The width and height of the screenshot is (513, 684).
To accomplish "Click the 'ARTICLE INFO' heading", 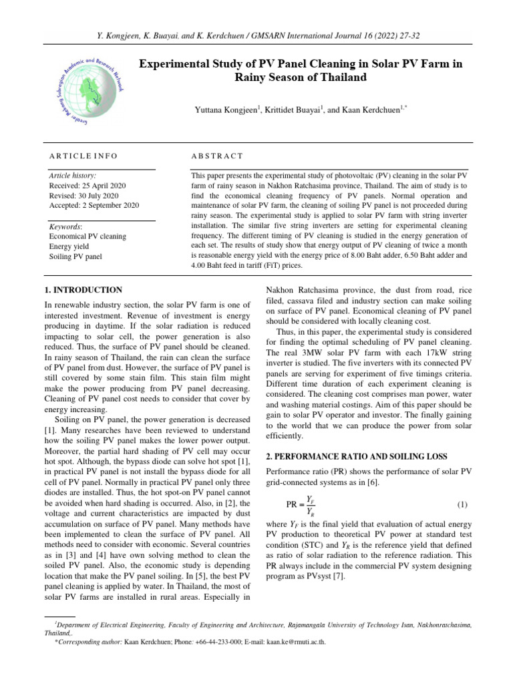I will coord(83,156).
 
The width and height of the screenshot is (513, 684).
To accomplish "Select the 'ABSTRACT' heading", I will coord(217,156).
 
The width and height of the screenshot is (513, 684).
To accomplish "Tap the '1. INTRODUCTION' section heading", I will coord(83,291).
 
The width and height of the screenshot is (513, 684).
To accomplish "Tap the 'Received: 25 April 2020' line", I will coord(88,185).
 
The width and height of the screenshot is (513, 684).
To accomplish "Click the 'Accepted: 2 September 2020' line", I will coord(94,205).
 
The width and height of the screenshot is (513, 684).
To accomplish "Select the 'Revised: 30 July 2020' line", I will coord(83,195).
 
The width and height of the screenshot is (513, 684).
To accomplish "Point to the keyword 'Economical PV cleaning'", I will coord(88,236).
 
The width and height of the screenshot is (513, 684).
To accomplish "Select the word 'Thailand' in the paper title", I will coord(342,77).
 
